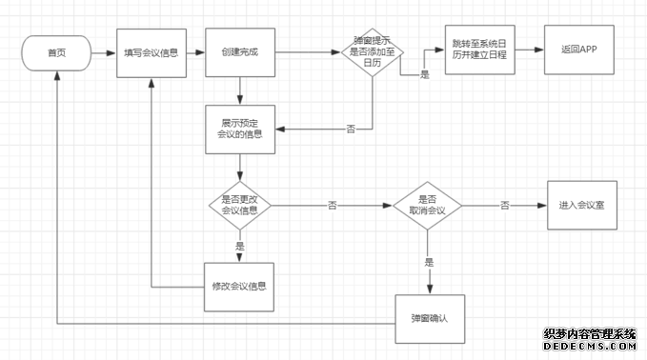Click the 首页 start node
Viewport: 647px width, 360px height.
(56, 51)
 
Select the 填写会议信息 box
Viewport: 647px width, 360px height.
(152, 51)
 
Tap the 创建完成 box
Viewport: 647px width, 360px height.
(239, 51)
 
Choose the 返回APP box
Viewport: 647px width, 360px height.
(580, 50)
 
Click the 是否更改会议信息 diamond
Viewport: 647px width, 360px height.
(239, 204)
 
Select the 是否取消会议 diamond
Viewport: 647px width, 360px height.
(427, 204)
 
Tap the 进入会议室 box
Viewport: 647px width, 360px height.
(581, 204)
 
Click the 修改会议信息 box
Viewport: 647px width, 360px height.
(238, 287)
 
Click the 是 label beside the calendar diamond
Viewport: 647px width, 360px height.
(424, 73)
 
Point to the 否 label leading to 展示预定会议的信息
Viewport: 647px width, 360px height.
(351, 128)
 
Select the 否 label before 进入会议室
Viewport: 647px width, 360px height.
(504, 204)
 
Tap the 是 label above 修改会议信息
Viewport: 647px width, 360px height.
(239, 246)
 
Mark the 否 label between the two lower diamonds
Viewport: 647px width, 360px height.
(333, 204)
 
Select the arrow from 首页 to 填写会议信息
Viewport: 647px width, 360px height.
(104, 51)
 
